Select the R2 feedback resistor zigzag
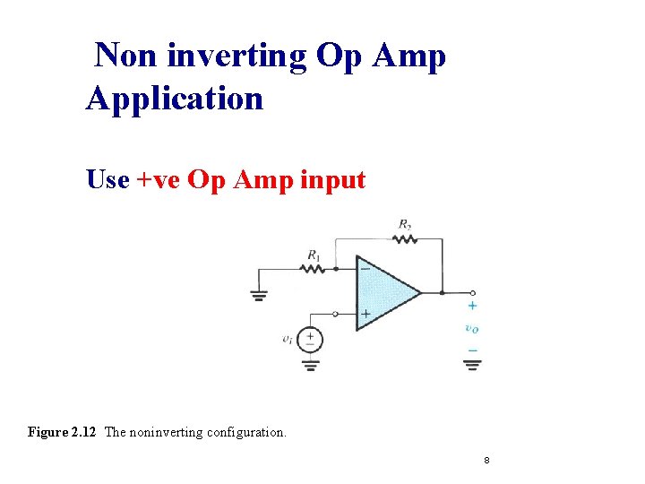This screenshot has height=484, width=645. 405,238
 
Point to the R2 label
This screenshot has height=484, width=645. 406,223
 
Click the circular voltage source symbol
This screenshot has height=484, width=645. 310,339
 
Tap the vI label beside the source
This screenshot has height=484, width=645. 287,339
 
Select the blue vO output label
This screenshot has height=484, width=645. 472,328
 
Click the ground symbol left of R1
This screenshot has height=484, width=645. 259,297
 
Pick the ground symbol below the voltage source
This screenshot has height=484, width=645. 310,364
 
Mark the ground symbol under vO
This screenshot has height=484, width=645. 472,364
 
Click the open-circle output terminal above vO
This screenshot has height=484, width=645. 473,292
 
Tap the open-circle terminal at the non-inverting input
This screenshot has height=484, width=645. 335,314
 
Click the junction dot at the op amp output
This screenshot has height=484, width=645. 443,292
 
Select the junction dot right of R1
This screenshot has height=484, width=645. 334,268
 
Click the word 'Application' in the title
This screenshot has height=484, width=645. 175,98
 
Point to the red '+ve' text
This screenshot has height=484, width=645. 159,180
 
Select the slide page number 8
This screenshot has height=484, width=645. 486,461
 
